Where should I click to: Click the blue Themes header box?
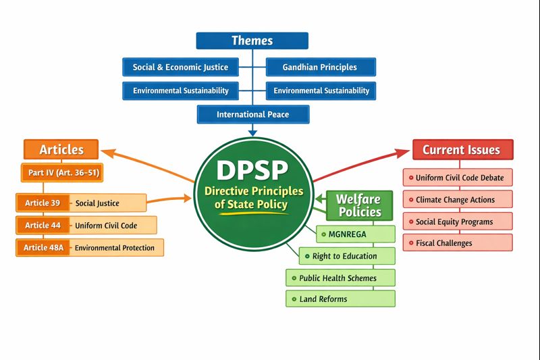(252, 41)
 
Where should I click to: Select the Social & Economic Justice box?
(180, 67)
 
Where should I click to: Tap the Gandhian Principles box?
(321, 67)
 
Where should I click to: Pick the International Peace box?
(252, 114)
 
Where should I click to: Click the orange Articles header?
(61, 149)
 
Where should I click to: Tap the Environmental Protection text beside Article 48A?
(115, 248)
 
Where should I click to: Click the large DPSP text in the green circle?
(252, 170)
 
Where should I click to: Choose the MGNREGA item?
(356, 234)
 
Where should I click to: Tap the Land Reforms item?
(340, 299)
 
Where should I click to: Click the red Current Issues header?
(462, 149)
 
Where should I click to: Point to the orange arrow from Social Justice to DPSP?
(169, 200)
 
